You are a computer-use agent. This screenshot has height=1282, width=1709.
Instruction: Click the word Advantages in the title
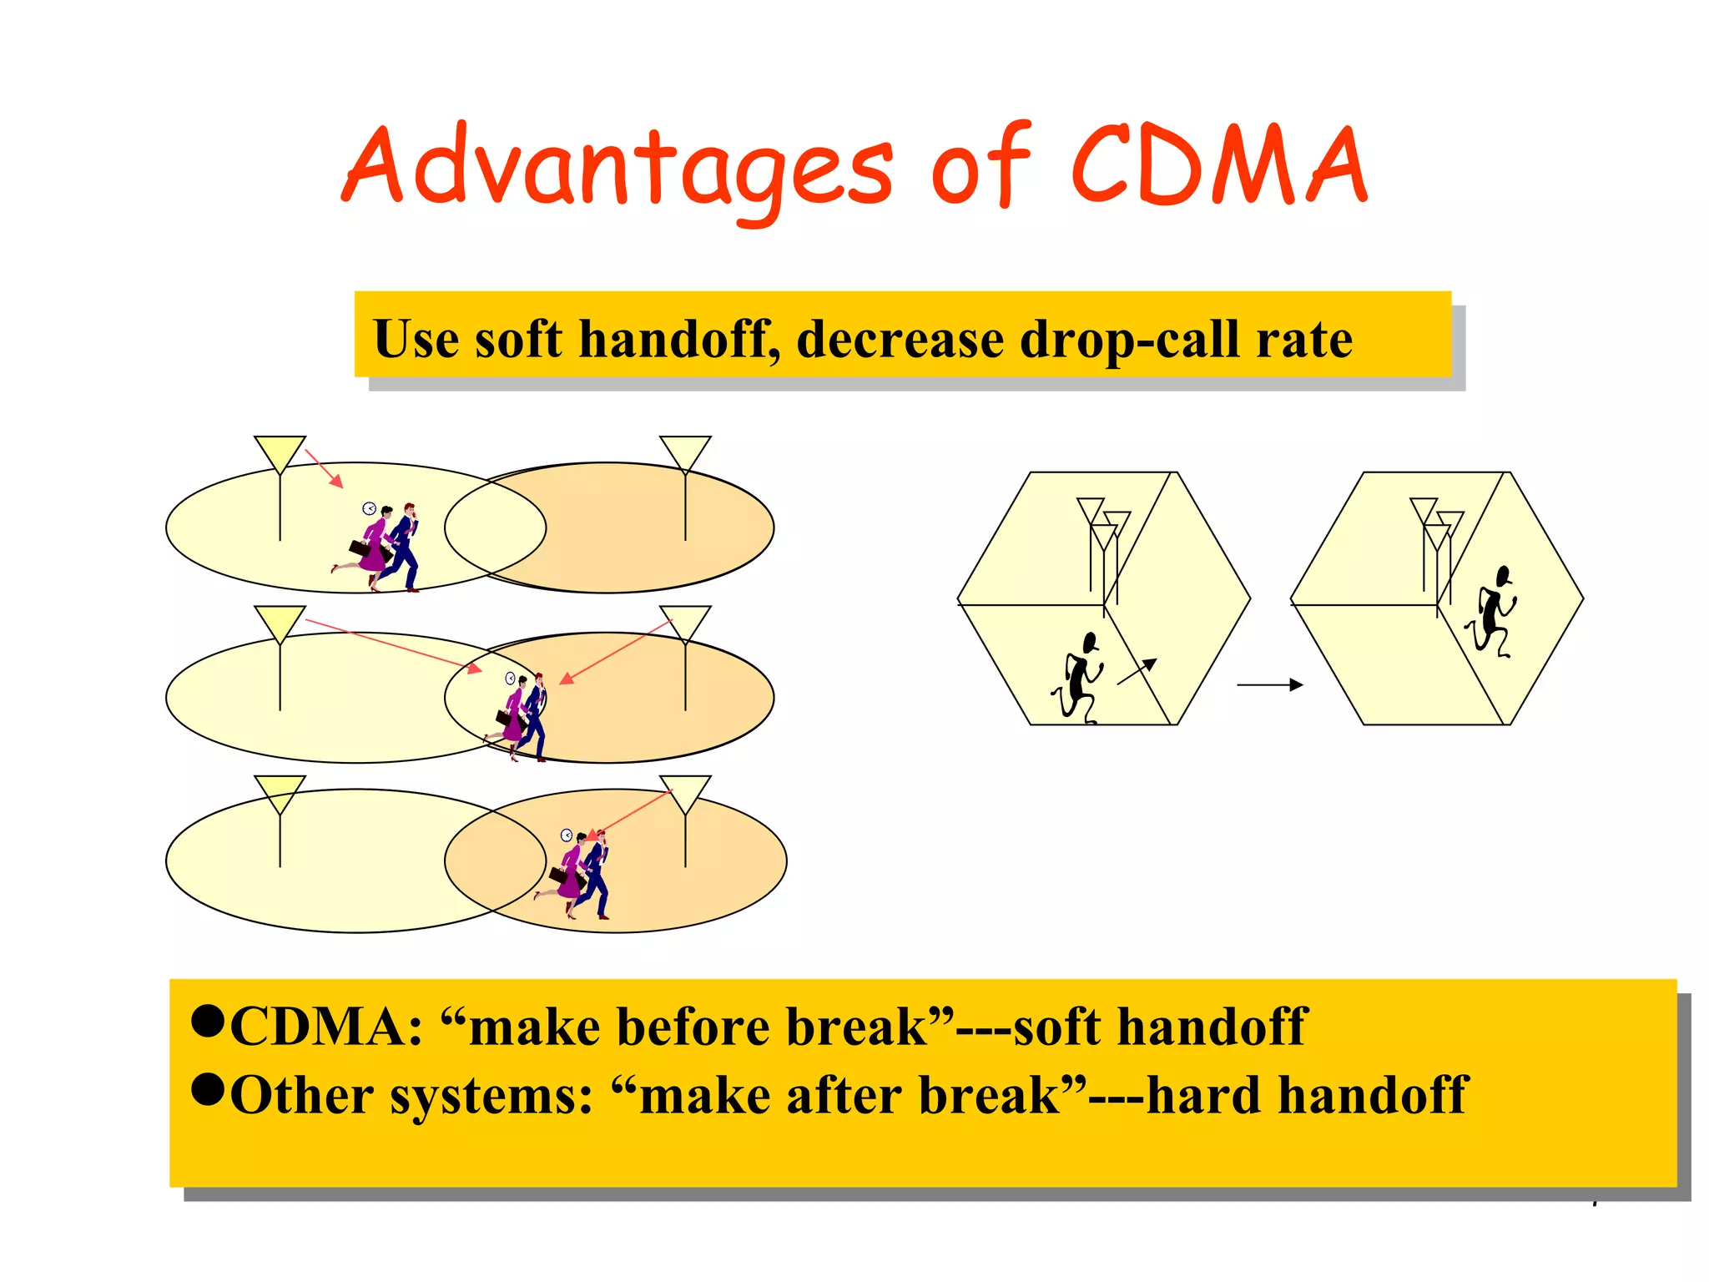point(618,167)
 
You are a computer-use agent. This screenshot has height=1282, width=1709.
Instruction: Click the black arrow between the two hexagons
point(1269,684)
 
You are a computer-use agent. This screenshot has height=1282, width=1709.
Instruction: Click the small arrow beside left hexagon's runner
point(1137,671)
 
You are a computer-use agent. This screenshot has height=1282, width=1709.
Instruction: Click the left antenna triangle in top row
point(280,453)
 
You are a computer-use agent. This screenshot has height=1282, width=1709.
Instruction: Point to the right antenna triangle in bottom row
point(685,794)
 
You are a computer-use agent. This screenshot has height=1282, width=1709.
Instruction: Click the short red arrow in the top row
point(325,468)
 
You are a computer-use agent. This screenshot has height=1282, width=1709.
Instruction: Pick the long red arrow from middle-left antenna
point(392,644)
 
